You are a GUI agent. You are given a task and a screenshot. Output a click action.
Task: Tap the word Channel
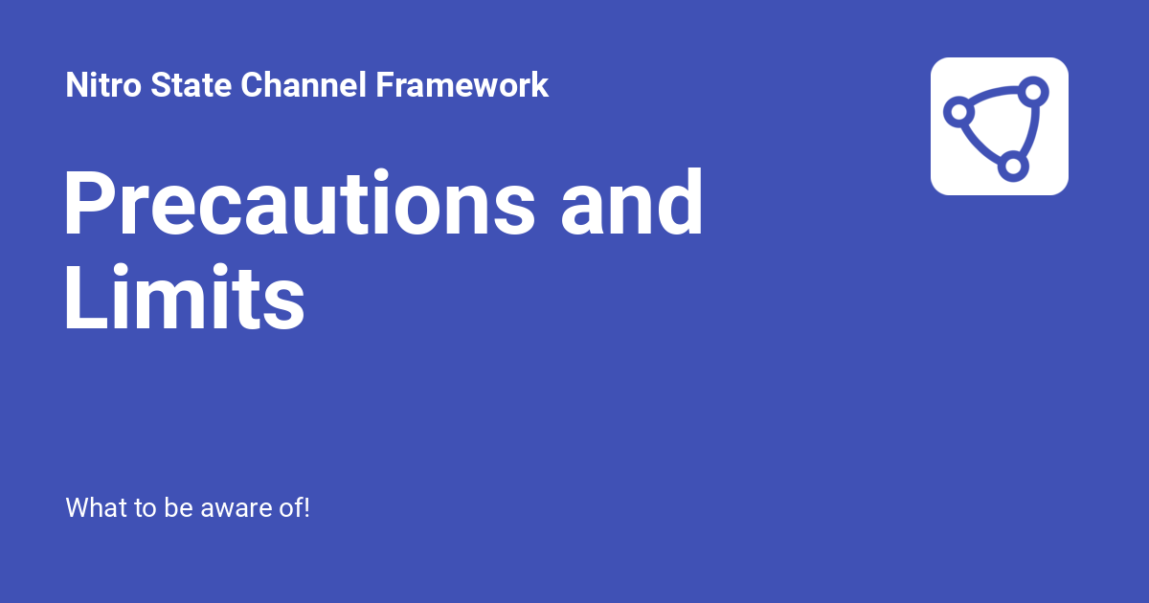click(304, 85)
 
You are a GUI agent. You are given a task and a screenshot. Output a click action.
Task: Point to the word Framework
click(462, 85)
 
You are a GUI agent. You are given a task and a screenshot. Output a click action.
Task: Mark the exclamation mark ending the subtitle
click(306, 507)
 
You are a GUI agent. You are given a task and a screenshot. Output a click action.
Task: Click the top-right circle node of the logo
click(1032, 93)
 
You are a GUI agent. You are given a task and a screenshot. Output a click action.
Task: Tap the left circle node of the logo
click(957, 111)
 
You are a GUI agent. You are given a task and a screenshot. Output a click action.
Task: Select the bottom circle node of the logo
click(1012, 167)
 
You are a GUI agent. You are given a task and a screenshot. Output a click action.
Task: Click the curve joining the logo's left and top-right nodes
click(994, 96)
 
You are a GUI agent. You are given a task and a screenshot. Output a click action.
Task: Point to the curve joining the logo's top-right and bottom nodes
click(1026, 130)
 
